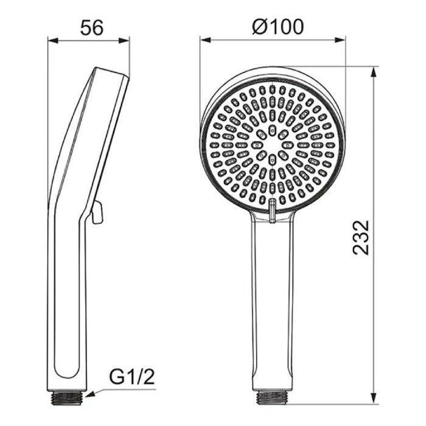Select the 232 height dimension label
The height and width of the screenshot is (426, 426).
(x=361, y=237)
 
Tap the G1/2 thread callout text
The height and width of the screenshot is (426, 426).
(x=131, y=378)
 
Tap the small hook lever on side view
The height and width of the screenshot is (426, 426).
(x=96, y=212)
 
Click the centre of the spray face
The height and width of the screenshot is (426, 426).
(x=273, y=146)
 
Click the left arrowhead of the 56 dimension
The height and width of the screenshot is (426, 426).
(x=52, y=41)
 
